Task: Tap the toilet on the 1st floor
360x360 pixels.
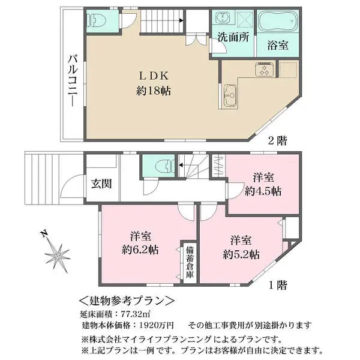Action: (159, 165)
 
